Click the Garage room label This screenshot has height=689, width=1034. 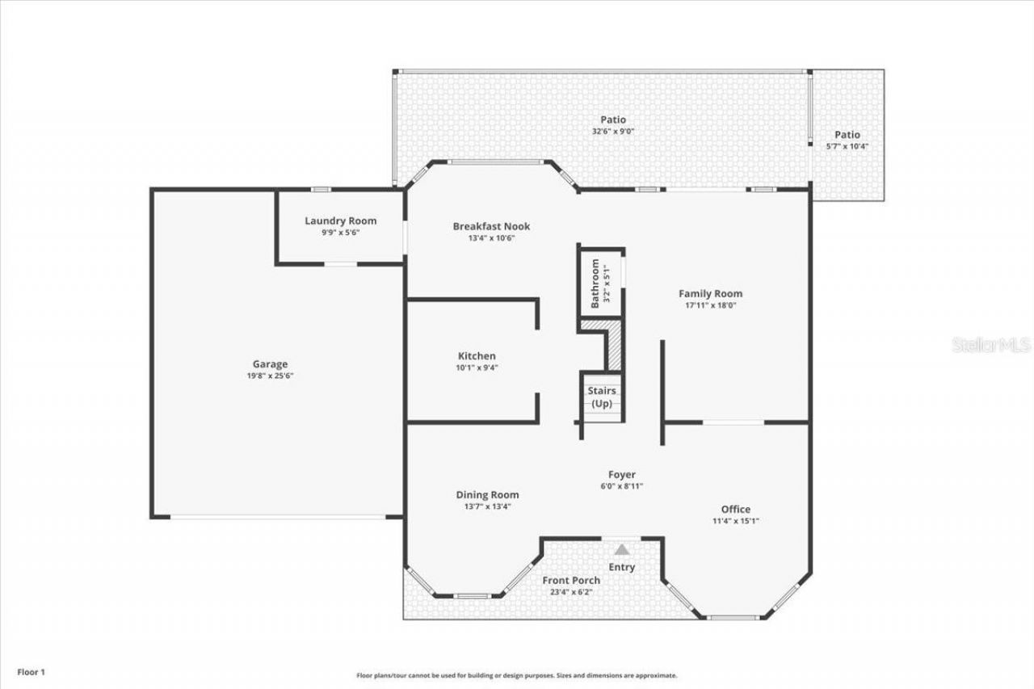coord(270,364)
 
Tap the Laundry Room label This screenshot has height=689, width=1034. coord(340,221)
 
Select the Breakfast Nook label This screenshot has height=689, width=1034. coord(491,226)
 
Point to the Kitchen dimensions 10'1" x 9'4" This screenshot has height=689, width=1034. coord(477,368)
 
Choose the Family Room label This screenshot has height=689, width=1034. coord(710,293)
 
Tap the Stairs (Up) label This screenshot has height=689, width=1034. coord(602,397)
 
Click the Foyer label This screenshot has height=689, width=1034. coord(621,475)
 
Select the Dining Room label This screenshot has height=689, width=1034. coord(487,494)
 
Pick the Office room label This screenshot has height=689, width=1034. coord(735,509)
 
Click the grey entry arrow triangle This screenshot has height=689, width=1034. coord(621,549)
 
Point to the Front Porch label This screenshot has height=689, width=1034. coord(571,580)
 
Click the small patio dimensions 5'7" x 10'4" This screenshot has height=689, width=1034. coord(847,146)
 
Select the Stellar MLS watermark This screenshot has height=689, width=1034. coord(991,345)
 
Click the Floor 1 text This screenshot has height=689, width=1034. coord(32,671)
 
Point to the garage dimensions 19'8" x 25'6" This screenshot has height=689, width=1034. coord(270,376)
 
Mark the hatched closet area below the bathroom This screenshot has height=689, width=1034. coord(613,343)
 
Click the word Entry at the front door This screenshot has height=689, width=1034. coord(621,567)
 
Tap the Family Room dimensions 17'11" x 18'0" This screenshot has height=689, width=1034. coord(710,305)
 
